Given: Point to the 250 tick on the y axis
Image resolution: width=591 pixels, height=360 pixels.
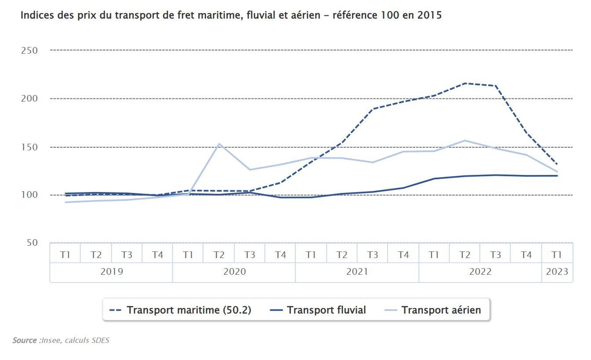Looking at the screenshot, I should [x=29, y=51].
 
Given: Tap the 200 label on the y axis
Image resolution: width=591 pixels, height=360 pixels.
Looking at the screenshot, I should [x=29, y=98].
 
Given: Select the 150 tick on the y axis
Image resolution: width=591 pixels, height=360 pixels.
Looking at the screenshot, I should [x=29, y=147].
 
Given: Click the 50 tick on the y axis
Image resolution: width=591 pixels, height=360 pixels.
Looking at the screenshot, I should [x=32, y=243].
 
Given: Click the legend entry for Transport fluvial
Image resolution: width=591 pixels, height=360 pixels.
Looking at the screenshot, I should [x=317, y=310].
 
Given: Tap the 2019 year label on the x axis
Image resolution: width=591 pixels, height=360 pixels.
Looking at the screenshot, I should [x=112, y=272].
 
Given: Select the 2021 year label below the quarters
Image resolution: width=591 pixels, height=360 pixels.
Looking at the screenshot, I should [x=357, y=272].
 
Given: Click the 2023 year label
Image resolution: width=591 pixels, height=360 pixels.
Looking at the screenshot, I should [x=557, y=272].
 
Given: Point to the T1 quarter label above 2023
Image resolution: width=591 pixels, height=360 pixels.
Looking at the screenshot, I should [x=557, y=255].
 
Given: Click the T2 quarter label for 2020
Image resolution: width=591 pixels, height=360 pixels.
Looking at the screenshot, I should [x=219, y=255].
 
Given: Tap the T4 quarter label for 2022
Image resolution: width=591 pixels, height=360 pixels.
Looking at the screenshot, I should [x=526, y=255].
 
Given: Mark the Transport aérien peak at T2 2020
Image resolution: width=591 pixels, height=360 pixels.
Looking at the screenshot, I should [x=219, y=144].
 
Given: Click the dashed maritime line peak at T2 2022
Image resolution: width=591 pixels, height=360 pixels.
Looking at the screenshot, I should [x=465, y=83].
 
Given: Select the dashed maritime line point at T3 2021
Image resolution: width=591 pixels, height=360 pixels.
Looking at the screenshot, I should [x=373, y=109].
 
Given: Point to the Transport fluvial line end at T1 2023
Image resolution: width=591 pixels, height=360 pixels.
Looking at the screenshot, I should [x=557, y=176].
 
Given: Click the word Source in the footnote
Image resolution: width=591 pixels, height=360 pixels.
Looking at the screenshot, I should [x=25, y=341].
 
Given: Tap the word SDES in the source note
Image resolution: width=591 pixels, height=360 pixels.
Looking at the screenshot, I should [x=100, y=341].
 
